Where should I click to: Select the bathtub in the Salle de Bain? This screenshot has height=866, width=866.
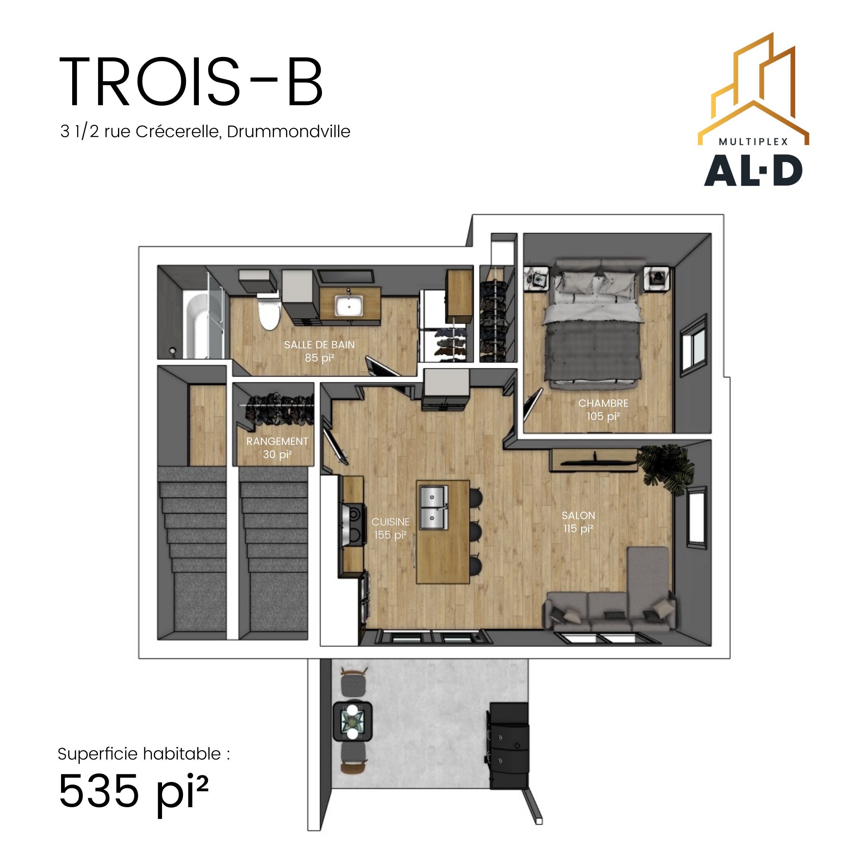pyautogui.click(x=197, y=326)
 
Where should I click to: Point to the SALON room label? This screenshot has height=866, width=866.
pyautogui.click(x=578, y=516)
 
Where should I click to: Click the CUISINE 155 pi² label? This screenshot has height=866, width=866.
pyautogui.click(x=390, y=529)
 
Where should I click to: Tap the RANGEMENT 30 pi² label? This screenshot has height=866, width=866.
pyautogui.click(x=277, y=448)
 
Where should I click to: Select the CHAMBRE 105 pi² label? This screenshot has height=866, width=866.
pyautogui.click(x=603, y=410)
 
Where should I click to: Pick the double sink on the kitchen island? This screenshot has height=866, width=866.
pyautogui.click(x=433, y=507)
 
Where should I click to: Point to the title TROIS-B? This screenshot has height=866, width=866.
pyautogui.click(x=191, y=82)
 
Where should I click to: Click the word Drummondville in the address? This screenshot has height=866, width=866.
pyautogui.click(x=288, y=131)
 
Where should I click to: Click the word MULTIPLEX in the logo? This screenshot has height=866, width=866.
pyautogui.click(x=753, y=142)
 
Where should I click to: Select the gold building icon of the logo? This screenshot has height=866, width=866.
pyautogui.click(x=753, y=89)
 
